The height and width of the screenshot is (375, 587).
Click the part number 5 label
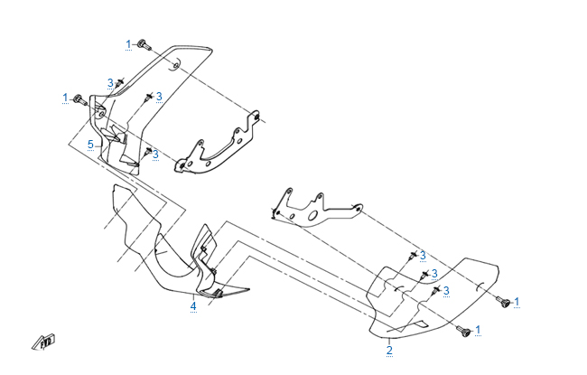point(90,144)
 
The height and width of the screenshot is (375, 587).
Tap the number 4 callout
point(193,306)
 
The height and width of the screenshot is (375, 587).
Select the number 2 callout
point(389,350)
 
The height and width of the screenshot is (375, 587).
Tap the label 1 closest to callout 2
point(479,330)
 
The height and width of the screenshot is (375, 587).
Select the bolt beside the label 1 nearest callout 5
point(79,98)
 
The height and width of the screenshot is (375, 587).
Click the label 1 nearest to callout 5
point(65,97)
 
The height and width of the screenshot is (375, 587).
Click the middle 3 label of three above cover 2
point(434,274)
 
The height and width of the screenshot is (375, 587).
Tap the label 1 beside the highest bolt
point(129,43)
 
